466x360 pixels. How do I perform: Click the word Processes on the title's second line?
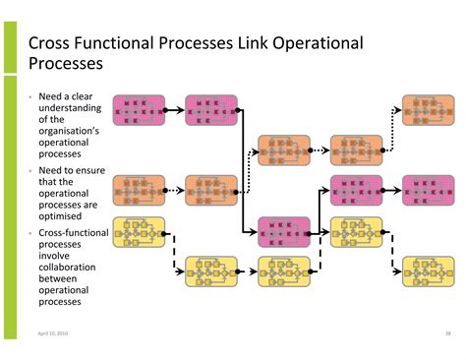(x=66, y=65)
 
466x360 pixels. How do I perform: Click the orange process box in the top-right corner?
(x=429, y=111)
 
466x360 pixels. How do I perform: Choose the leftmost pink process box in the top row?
(x=139, y=111)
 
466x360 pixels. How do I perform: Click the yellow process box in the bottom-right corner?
(x=429, y=270)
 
